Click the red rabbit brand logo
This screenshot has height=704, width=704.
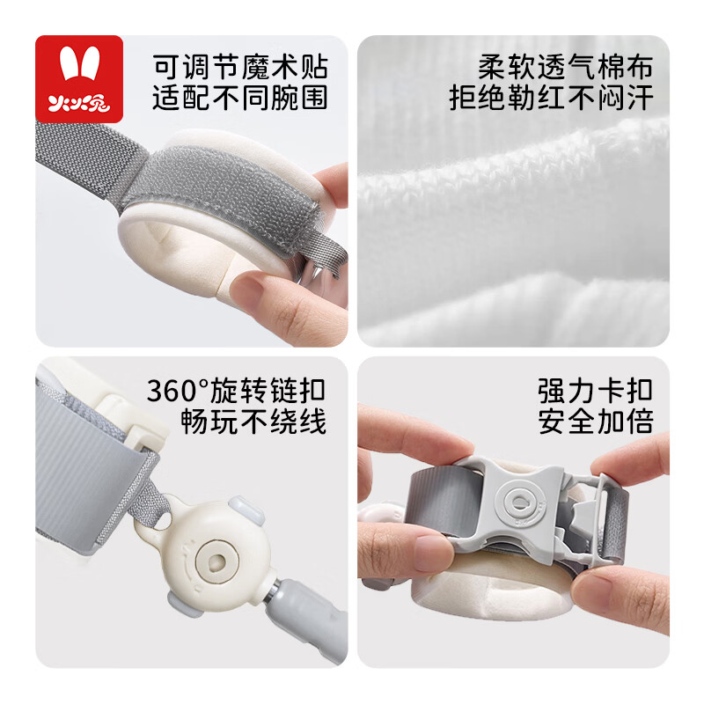[78, 78]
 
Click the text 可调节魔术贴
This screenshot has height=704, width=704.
[239, 66]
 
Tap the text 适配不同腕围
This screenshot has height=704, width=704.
[239, 98]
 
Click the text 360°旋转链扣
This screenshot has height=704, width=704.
[236, 389]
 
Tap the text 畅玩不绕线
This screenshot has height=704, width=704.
[253, 421]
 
